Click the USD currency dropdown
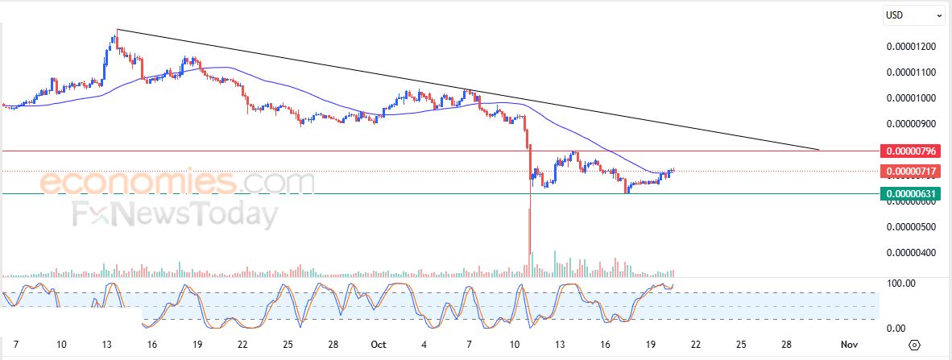[x=914, y=14]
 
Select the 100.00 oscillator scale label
[x=901, y=283]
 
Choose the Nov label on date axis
[x=848, y=344]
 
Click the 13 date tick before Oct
[x=107, y=344]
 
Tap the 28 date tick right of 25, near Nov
[x=785, y=344]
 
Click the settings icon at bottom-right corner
[x=914, y=345]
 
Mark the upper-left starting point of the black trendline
[x=118, y=30]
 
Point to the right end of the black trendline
[x=818, y=150]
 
